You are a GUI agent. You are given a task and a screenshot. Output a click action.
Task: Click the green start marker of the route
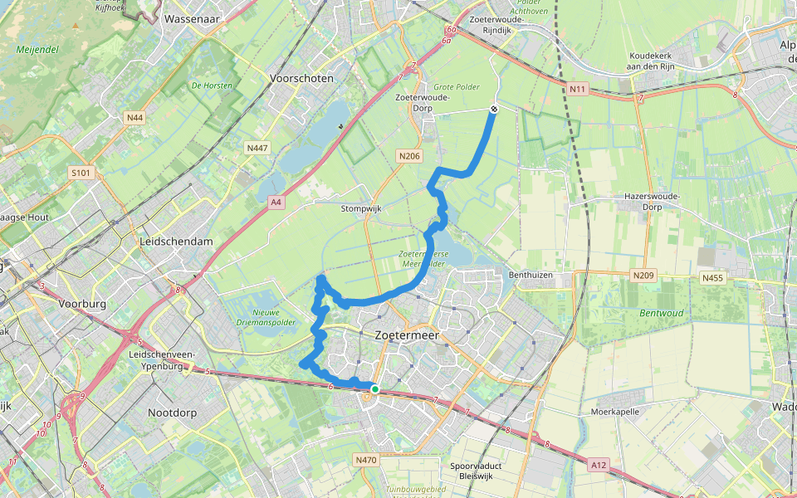tap(375, 388)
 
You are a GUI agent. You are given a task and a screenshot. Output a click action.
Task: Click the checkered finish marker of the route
tap(494, 109)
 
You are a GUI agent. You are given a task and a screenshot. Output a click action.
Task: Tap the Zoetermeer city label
tap(406, 335)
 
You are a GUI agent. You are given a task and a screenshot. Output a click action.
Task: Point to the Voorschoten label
tap(301, 78)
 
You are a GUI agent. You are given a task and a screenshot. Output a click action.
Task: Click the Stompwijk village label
tap(360, 208)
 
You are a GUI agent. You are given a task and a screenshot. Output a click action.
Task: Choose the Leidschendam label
tap(177, 241)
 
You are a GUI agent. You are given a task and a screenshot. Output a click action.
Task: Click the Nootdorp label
tap(172, 412)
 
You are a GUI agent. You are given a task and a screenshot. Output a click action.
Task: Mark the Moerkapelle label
tap(615, 411)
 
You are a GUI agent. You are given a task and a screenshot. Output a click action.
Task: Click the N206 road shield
tap(408, 155)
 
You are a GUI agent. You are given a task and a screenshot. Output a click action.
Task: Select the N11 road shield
tap(578, 88)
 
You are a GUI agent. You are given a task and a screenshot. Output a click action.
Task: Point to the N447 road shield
tap(257, 147)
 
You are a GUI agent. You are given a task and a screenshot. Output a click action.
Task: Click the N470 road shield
tap(365, 459)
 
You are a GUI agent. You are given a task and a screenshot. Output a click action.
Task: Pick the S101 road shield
tap(81, 173)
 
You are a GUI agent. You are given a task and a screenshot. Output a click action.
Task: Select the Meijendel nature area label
tap(37, 49)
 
